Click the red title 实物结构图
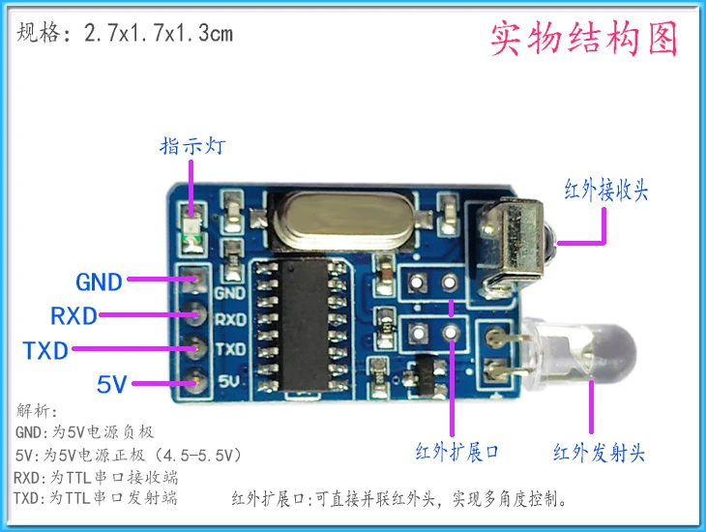(584, 38)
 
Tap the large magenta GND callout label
(100, 282)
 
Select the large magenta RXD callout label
(74, 316)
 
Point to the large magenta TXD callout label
(45, 350)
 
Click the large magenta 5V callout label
(112, 384)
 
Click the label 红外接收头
(606, 190)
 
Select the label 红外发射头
(599, 452)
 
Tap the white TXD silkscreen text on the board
(229, 348)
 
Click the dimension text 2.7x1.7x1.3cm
(159, 34)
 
